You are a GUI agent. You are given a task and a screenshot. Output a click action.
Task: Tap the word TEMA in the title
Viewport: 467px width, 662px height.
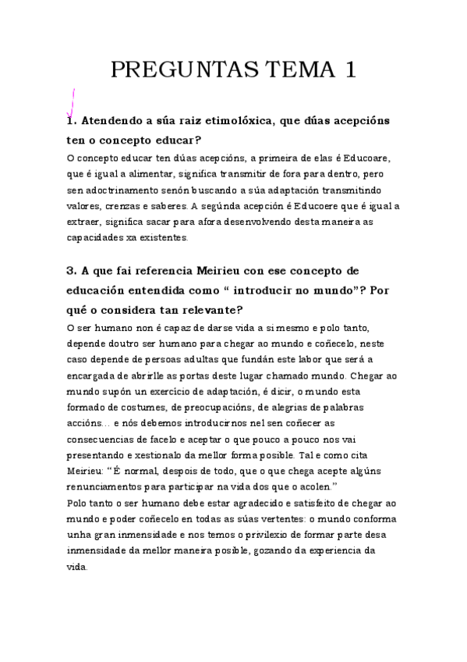pos(292,70)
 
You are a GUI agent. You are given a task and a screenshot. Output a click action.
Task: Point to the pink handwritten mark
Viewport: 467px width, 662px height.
pos(71,102)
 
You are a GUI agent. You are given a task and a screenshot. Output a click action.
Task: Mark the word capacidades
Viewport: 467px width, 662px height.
pos(94,237)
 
